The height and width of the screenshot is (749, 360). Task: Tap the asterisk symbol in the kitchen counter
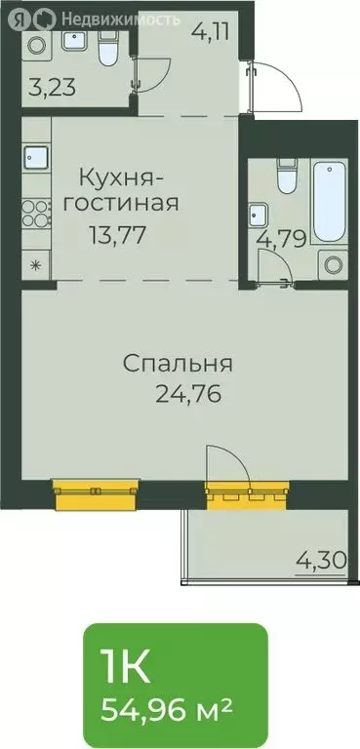36,263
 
